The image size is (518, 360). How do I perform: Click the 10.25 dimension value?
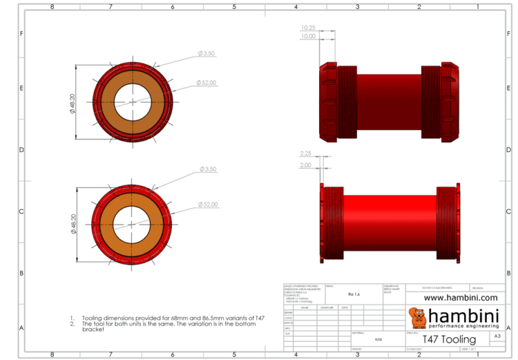[308, 28]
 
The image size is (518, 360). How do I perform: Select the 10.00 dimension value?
[308, 36]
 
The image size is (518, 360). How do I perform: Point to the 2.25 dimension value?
[306, 153]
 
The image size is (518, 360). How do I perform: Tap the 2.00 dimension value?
[306, 164]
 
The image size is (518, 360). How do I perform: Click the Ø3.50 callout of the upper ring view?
[206, 53]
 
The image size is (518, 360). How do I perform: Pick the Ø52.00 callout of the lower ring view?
[207, 204]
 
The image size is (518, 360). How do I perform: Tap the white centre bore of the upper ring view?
[133, 102]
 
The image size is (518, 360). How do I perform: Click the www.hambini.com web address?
[460, 297]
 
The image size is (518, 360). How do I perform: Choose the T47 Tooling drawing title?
[449, 339]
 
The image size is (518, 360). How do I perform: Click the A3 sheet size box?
[497, 335]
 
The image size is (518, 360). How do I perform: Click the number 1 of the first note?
[71, 318]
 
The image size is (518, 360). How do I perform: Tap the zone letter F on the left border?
[22, 33]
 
